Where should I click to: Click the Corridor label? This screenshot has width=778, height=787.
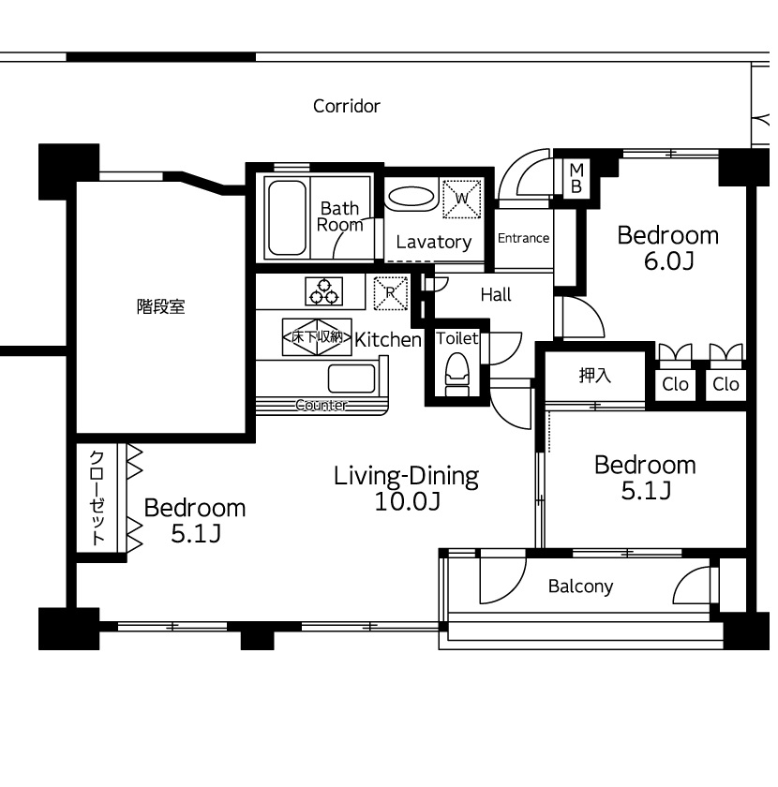347,106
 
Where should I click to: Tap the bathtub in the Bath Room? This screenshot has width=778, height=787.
287,217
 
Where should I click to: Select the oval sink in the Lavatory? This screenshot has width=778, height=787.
411,197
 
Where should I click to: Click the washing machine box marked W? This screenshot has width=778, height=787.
461,199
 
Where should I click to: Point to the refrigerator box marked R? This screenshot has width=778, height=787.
391,293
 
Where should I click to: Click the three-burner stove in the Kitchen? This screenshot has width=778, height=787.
324,291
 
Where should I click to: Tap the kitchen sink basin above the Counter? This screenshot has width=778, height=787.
352,378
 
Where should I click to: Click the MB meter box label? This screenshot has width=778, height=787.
576,178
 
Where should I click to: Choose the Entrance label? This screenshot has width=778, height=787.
523,238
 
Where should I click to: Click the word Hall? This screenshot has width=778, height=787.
496,294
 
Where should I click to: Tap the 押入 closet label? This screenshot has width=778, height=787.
594,375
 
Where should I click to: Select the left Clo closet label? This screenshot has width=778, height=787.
675,384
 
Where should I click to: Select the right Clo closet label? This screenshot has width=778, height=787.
726,384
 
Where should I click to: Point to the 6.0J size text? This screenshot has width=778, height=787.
669,261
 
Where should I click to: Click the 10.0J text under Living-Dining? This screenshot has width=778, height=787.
408,501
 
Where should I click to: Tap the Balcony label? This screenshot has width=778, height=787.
580,587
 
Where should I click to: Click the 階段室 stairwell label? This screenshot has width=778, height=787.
160,306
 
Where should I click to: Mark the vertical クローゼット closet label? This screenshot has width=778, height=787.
97,497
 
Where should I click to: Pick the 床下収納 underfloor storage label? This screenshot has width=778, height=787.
317,336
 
